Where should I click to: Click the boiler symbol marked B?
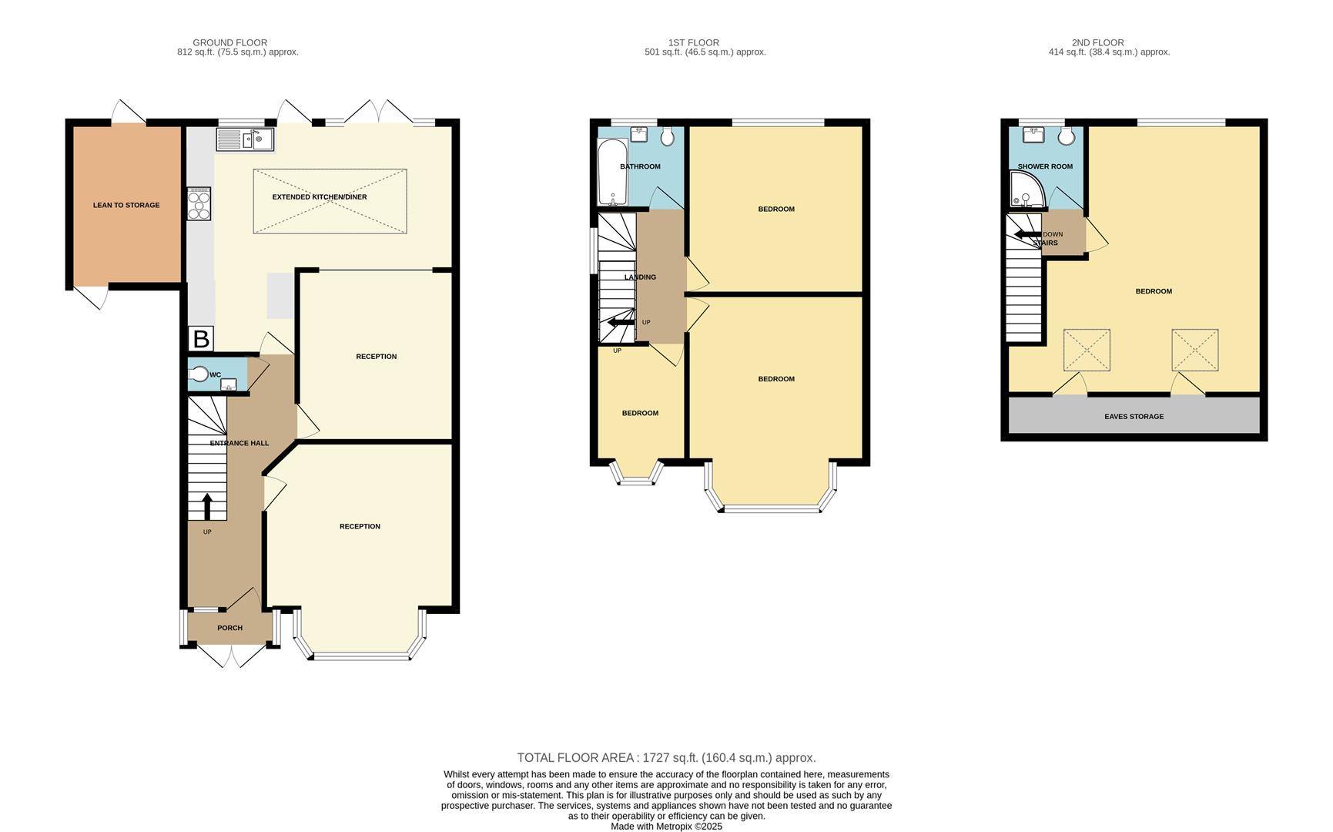tap(201, 339)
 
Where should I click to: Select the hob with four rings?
tap(199, 203)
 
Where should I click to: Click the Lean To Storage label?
tap(126, 205)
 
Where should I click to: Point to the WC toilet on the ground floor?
tap(199, 374)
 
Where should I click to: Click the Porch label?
tap(229, 628)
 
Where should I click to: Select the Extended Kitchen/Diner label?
tap(320, 197)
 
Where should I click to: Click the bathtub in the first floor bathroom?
tap(612, 172)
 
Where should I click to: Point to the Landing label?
tap(640, 277)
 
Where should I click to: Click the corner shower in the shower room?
tap(1026, 190)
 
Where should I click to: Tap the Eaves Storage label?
tap(1134, 417)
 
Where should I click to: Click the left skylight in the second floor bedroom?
tap(1087, 350)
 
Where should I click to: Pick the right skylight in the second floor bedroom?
tap(1194, 350)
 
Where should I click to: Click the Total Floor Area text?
tap(666, 758)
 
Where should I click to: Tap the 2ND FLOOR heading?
tap(1097, 42)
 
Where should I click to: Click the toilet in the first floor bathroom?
tap(668, 136)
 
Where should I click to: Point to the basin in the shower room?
tap(1033, 136)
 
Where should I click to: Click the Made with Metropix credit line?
tap(666, 826)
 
